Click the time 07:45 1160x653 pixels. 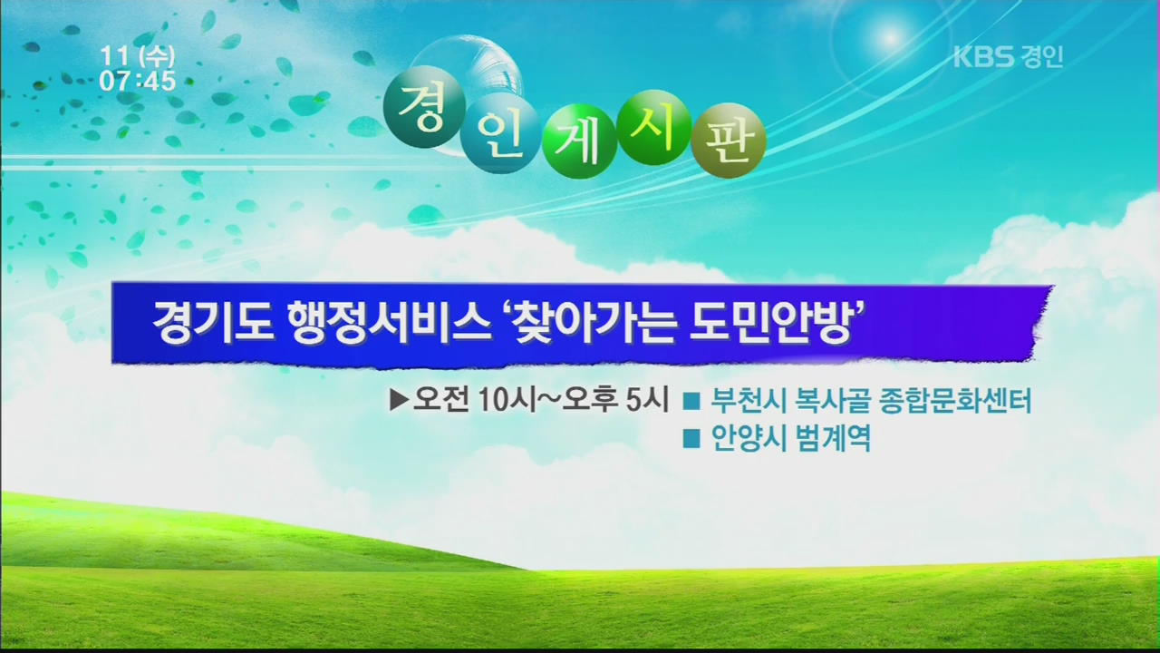coord(138,82)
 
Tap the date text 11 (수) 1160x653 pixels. coord(138,56)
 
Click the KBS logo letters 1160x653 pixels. coord(983,56)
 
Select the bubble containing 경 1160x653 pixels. coord(423,107)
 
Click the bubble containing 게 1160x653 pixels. coord(579,141)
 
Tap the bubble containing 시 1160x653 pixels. coord(655,128)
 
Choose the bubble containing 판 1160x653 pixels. coord(728,141)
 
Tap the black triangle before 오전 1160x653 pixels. coord(398,401)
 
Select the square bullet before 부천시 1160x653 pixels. coord(691,402)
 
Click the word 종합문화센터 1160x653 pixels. coord(956,401)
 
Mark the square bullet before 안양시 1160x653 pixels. coord(691,439)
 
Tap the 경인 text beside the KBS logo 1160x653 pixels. coord(1042,56)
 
